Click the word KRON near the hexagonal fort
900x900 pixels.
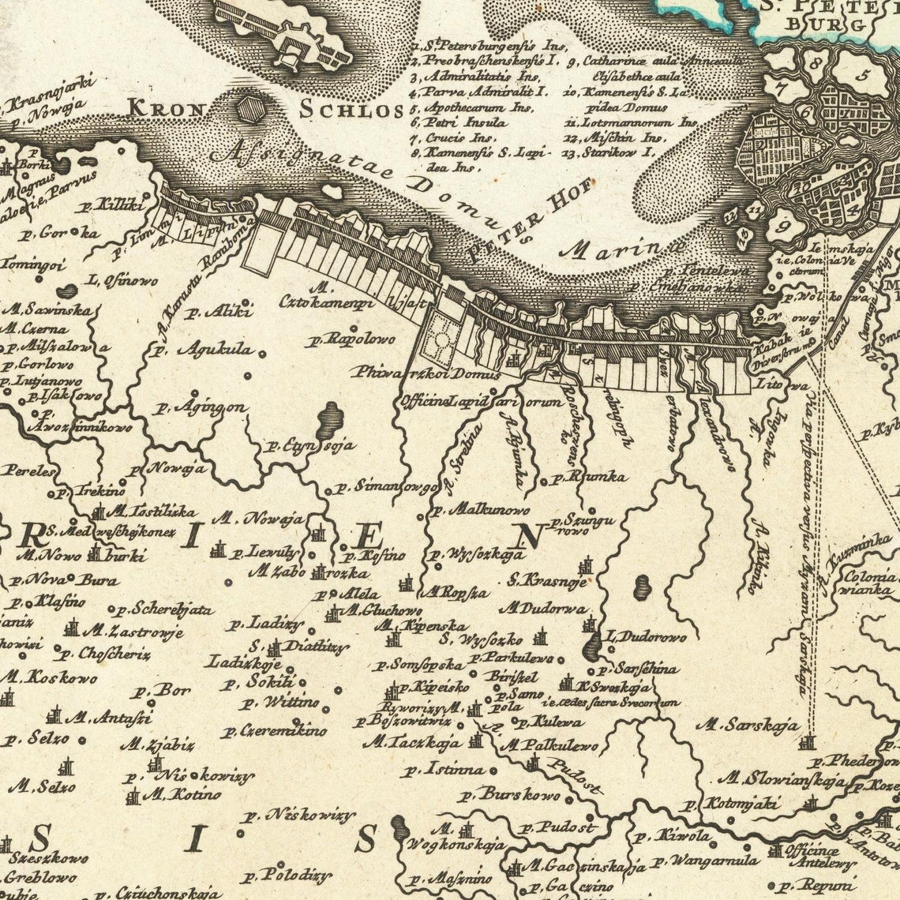pyautogui.click(x=166, y=107)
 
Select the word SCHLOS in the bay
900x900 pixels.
pyautogui.click(x=351, y=110)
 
